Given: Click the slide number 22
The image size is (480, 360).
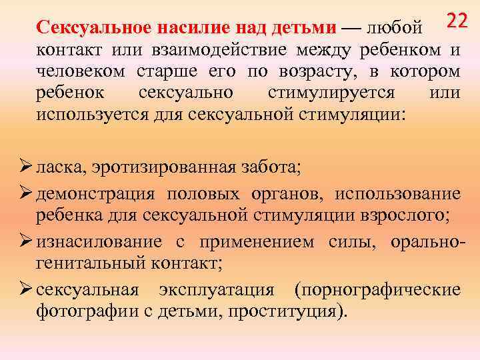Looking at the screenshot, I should (x=457, y=21).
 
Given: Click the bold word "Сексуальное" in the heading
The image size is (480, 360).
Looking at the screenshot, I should (x=91, y=28).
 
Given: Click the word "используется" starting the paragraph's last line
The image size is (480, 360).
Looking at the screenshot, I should (x=85, y=113).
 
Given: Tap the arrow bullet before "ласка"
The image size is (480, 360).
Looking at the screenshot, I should (x=25, y=165).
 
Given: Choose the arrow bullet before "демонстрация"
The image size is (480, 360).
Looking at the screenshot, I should (x=25, y=193).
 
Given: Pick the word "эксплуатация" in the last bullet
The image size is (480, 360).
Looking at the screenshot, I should (x=217, y=291).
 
